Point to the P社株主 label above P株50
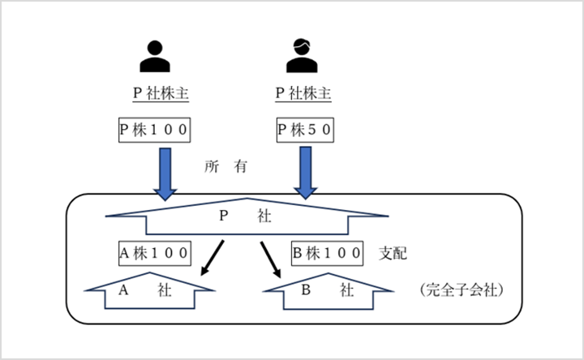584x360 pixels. coord(304,94)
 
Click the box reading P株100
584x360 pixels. coord(156,130)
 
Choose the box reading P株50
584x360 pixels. coord(305,130)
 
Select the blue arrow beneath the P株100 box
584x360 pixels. coord(165,173)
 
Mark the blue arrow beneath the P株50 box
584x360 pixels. coord(305,173)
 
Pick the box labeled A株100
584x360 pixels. coord(155,253)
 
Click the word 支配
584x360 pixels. coord(393,253)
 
